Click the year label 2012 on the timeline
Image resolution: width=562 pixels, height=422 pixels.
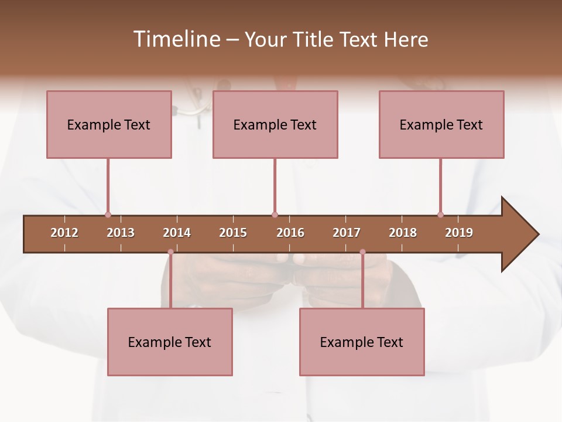click(x=64, y=233)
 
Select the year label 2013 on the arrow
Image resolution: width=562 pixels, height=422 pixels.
click(x=121, y=233)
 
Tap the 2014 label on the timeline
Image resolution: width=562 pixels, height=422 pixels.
click(x=177, y=233)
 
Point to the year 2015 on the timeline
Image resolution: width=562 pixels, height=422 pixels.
click(x=233, y=233)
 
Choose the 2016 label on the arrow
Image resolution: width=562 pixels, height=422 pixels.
click(x=290, y=233)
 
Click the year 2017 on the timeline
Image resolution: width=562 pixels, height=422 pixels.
click(x=347, y=233)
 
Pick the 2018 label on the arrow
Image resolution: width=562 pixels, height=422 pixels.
click(x=403, y=233)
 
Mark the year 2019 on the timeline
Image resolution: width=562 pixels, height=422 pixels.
click(x=459, y=233)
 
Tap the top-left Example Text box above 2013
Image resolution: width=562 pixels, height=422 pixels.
click(x=109, y=124)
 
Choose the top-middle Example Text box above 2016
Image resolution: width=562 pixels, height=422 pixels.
click(x=275, y=124)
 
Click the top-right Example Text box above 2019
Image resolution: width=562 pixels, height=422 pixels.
click(x=441, y=124)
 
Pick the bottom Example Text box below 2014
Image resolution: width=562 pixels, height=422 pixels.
click(x=170, y=342)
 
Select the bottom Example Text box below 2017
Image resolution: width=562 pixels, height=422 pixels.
click(x=362, y=342)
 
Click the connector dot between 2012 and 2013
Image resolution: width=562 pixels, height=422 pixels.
click(x=108, y=215)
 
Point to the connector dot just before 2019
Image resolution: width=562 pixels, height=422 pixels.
click(x=440, y=215)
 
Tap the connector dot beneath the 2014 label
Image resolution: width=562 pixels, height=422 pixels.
click(x=170, y=252)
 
